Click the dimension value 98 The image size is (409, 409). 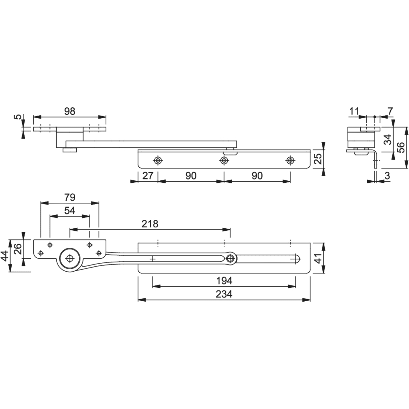[70, 111]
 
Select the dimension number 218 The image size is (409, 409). [150, 224]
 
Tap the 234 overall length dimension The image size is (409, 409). [224, 294]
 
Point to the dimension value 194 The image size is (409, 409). [224, 281]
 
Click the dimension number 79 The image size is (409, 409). [70, 198]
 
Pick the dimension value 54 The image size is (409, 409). [70, 211]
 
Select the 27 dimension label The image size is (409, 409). [148, 176]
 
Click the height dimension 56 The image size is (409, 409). [401, 148]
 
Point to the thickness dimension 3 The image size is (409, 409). [387, 176]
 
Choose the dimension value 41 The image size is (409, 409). [318, 258]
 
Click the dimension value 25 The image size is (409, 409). [318, 159]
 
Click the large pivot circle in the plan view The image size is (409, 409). [70, 258]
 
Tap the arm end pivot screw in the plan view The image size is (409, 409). [230, 258]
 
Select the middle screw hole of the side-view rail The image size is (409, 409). [223, 161]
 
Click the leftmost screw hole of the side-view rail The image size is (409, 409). [157, 161]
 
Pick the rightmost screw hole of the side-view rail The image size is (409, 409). [290, 161]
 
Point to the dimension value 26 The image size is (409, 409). [18, 249]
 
